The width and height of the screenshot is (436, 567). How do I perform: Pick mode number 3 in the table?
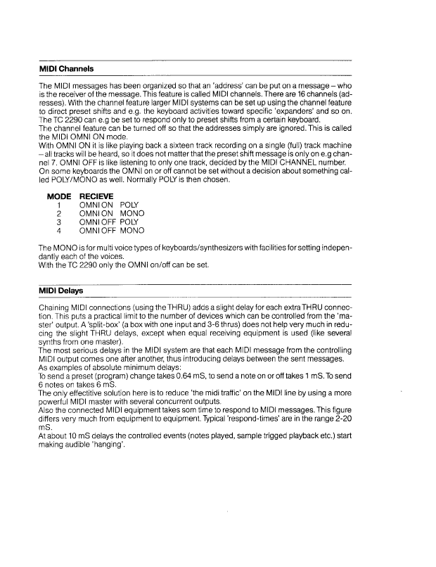(x=59, y=222)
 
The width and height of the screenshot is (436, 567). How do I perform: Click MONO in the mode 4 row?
(x=132, y=230)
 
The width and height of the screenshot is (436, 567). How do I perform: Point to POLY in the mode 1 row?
(x=130, y=205)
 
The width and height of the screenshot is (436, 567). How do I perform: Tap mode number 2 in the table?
(x=59, y=214)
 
